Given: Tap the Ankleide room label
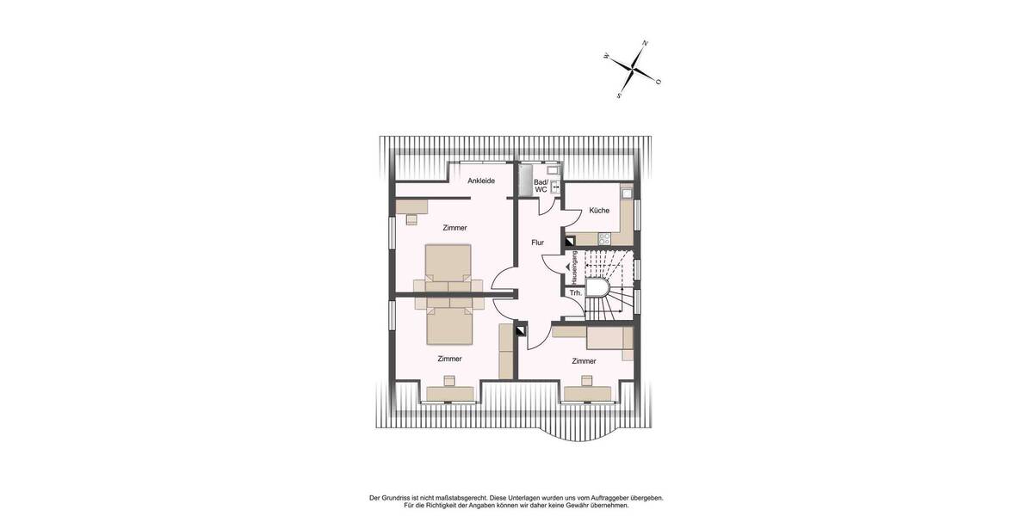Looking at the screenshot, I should [481, 181].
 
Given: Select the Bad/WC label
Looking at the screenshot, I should [541, 186].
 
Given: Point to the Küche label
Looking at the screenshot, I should [599, 211].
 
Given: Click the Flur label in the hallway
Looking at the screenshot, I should [537, 243].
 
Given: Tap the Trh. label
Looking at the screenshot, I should [576, 293].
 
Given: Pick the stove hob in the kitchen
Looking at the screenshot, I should [604, 238].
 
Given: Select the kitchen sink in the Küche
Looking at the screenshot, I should [628, 192].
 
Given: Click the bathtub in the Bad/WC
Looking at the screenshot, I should [524, 179].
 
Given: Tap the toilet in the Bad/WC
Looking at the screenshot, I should [555, 187].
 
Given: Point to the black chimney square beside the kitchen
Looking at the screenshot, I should [569, 243].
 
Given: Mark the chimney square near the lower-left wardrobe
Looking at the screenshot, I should [520, 329].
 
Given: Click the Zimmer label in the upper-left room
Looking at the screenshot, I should [455, 228].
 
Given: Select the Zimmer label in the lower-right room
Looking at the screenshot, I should [584, 361].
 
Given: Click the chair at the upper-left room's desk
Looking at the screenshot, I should [411, 218].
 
